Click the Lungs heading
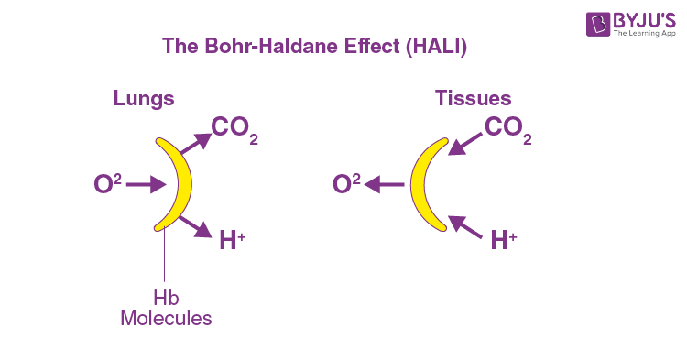[x=144, y=98]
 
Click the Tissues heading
[x=473, y=98]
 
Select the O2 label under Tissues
[x=346, y=184]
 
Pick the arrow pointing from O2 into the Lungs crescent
[x=144, y=185]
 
